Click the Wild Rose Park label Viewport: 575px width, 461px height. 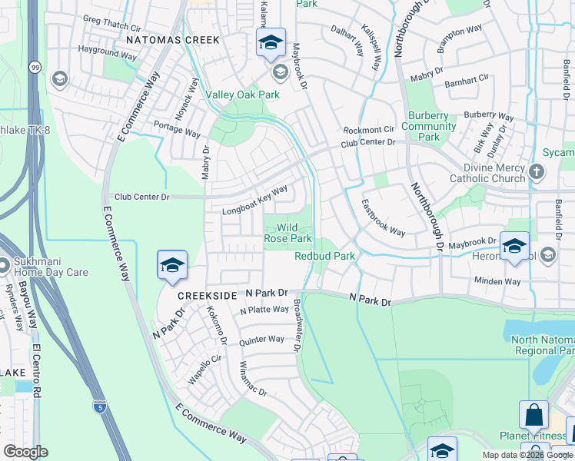point(288,233)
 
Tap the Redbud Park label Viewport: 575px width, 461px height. point(324,256)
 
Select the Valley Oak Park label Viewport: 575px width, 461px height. point(241,95)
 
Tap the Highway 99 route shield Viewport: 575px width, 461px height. point(35,68)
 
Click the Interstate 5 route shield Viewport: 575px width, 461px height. point(99,404)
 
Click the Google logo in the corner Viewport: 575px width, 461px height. point(25,451)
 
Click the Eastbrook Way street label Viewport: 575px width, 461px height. point(383,218)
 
